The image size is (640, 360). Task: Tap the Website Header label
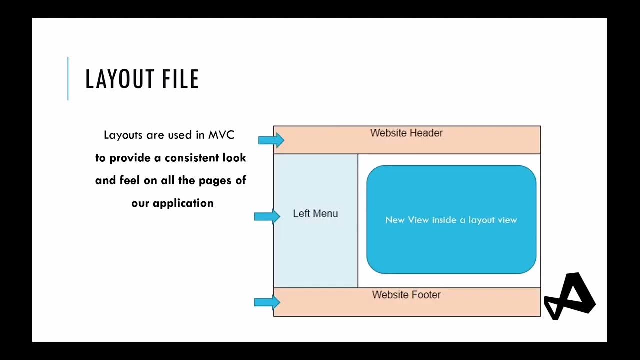(406, 133)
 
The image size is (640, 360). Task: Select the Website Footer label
(406, 295)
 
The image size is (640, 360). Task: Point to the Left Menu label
(315, 214)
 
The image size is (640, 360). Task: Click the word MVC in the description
(221, 135)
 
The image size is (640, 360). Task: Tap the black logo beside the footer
(569, 297)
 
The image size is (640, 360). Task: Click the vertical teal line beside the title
(68, 79)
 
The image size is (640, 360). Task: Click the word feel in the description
(130, 180)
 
